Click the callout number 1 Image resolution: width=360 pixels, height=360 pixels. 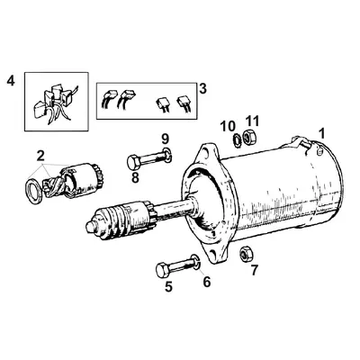coord(322,133)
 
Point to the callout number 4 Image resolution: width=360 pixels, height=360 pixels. coord(12,82)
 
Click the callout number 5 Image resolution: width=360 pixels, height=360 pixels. coord(168,289)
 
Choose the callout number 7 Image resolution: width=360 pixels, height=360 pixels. coord(254,270)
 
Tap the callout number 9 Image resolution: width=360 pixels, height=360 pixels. coord(164,137)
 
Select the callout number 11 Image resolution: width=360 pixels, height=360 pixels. coord(253,121)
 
